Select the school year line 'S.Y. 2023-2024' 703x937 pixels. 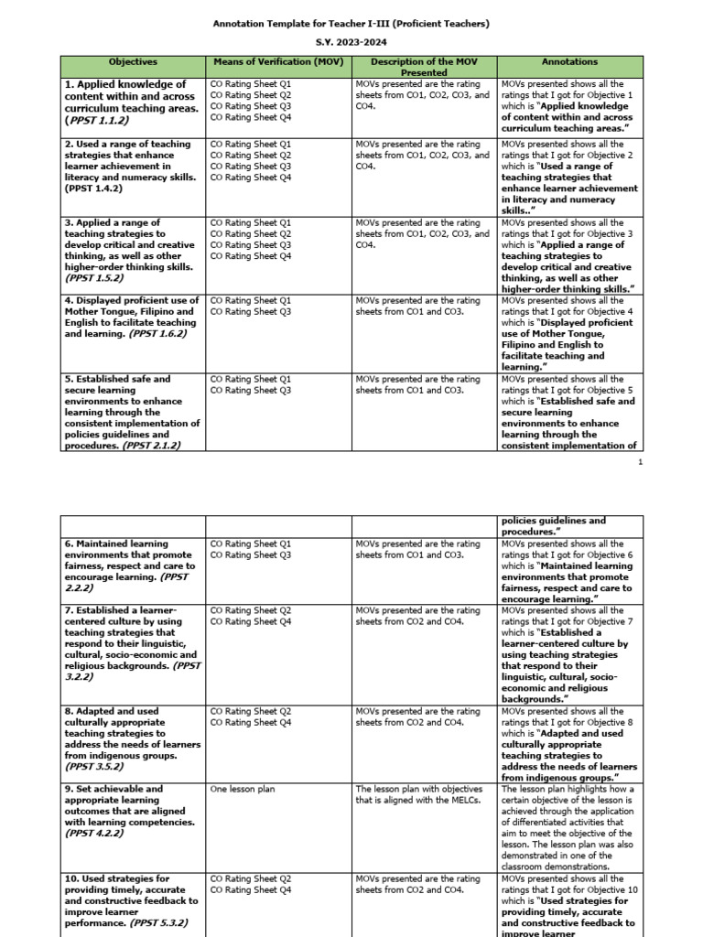tap(351, 43)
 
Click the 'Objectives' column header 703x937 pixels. tap(133, 62)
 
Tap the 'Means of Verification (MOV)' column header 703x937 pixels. tap(278, 62)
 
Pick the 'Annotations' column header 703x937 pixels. tap(569, 62)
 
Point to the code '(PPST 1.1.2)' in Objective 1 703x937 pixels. tap(97, 120)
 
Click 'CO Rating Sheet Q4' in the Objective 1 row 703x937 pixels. tap(250, 117)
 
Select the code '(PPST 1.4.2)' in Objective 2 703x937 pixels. tap(97, 188)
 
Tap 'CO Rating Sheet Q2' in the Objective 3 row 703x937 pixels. tap(250, 234)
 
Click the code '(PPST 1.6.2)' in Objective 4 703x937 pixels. tap(157, 334)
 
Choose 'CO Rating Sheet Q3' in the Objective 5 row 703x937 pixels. tap(250, 391)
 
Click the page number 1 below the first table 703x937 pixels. tap(641, 463)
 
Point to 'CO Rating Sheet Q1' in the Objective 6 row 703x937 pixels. tap(250, 544)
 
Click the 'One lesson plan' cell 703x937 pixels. tap(242, 789)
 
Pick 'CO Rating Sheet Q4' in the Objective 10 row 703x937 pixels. tap(250, 889)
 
